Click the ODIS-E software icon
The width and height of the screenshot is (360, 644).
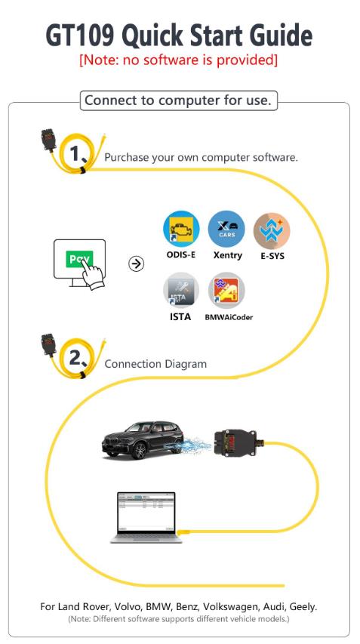tap(181, 229)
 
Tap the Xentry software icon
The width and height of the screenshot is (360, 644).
tap(226, 229)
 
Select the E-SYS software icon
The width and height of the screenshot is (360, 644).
tap(272, 230)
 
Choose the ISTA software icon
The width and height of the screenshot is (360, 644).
tap(181, 291)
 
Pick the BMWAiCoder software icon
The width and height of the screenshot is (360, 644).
tap(226, 291)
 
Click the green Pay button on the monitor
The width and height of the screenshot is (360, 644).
tap(79, 259)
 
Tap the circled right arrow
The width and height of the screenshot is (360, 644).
tap(137, 263)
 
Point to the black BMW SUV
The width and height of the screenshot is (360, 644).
tap(143, 440)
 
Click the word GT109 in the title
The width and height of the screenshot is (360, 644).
tap(82, 35)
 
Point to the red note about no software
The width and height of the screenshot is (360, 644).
tap(179, 60)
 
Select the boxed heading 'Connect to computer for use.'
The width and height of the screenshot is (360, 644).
tap(179, 100)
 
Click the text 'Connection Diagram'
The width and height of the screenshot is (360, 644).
tap(155, 364)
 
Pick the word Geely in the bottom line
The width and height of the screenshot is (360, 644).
tap(303, 607)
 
